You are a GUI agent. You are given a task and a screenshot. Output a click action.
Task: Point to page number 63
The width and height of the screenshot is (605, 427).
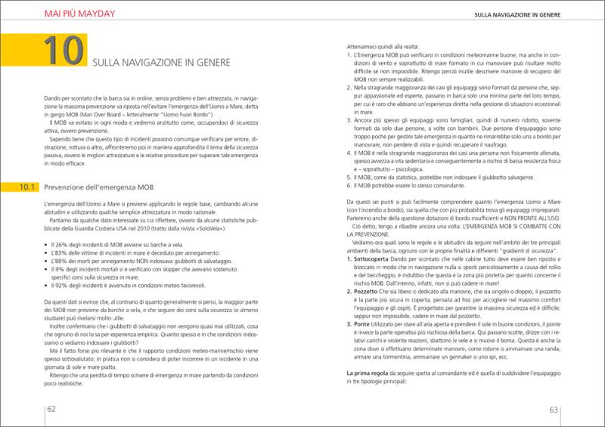pos(553,410)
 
